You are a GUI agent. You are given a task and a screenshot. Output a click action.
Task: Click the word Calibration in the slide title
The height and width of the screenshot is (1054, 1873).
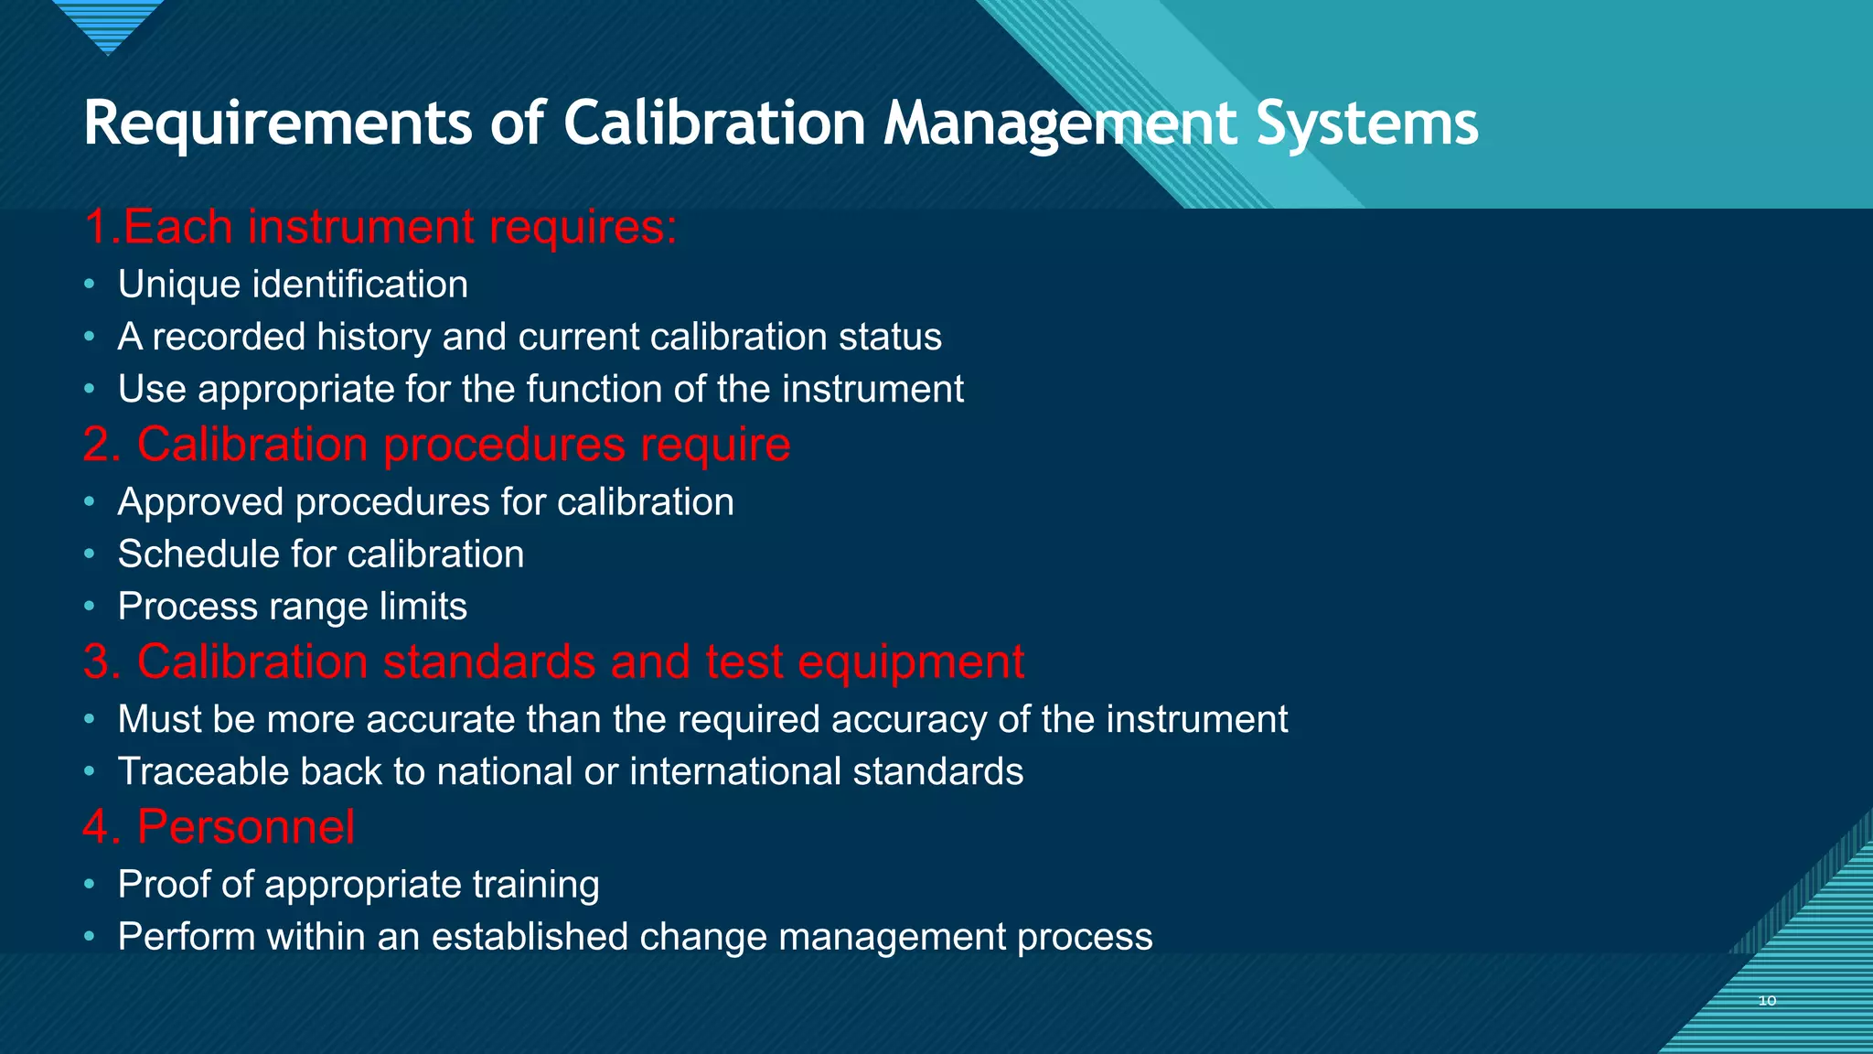pyautogui.click(x=713, y=123)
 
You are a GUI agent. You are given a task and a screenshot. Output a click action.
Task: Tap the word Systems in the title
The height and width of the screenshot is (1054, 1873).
pyautogui.click(x=1366, y=123)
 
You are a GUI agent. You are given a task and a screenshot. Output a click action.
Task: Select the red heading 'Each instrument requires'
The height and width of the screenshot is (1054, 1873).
pyautogui.click(x=380, y=227)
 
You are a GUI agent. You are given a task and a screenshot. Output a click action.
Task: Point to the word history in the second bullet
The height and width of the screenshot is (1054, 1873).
pyautogui.click(x=373, y=337)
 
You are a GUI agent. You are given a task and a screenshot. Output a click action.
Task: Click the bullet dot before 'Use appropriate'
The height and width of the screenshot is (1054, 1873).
pyautogui.click(x=90, y=389)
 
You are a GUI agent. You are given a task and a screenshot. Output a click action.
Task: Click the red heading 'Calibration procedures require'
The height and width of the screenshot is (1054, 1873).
pyautogui.click(x=437, y=445)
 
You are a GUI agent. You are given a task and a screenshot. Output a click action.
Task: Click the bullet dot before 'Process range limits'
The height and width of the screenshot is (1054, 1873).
pyautogui.click(x=90, y=606)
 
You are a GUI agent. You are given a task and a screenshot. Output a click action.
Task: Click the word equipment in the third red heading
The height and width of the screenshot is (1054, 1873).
pyautogui.click(x=911, y=661)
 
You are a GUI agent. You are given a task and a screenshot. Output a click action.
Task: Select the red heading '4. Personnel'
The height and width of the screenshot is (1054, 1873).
pyautogui.click(x=219, y=827)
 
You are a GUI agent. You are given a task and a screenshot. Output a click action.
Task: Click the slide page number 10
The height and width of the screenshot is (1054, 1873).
pyautogui.click(x=1767, y=1001)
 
